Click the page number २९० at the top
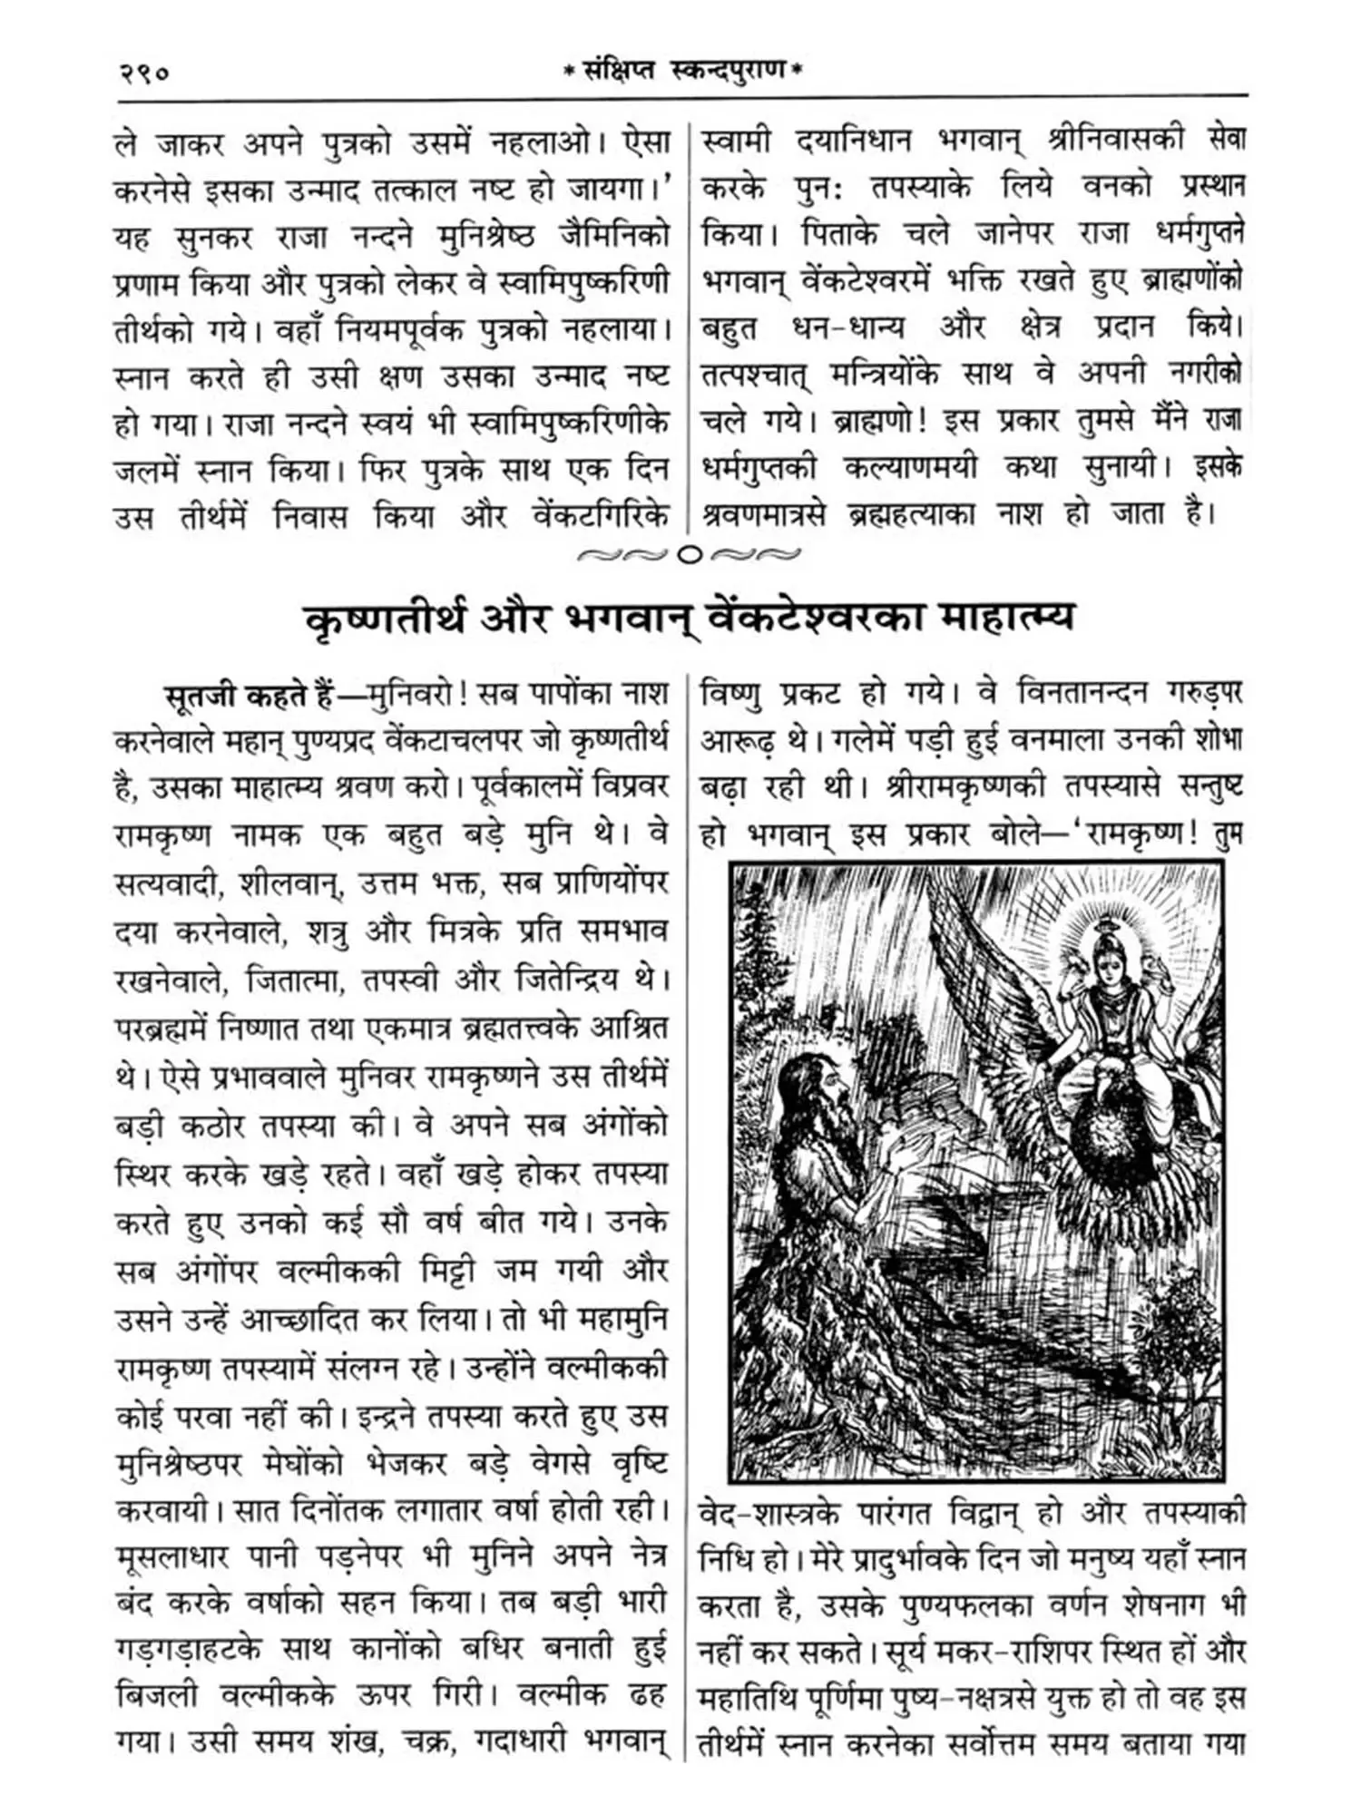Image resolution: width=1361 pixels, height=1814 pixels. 144,72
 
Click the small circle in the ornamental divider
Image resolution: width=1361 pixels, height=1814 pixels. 690,554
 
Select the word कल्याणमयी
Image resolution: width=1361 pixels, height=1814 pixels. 910,468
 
